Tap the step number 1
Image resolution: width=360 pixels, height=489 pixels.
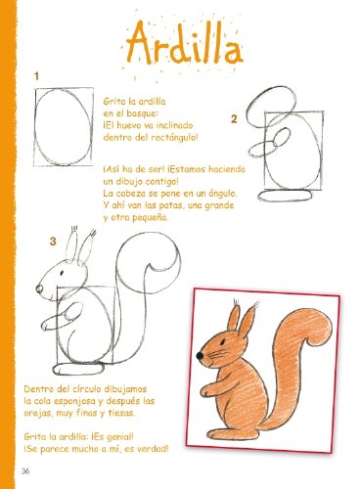35,74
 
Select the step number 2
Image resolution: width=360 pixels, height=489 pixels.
235,119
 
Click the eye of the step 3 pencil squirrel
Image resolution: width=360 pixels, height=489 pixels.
57,280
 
